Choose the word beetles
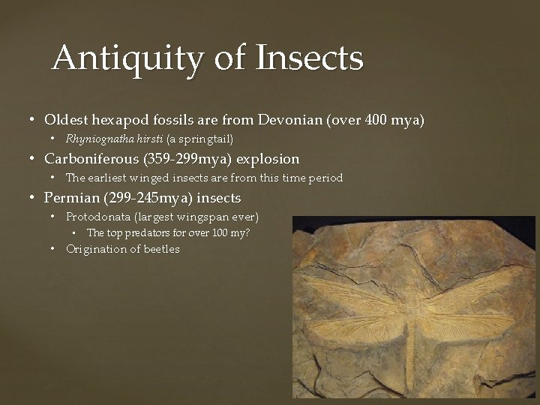pos(162,250)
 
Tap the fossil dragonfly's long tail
pos(411,352)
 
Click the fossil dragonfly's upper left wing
pos(352,296)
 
